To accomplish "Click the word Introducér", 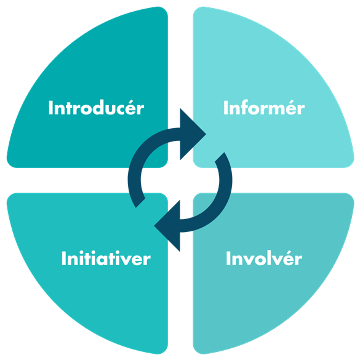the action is (96, 108).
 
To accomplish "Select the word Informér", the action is (264, 108).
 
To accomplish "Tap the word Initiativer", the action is (106, 258).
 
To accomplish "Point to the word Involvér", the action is (264, 258).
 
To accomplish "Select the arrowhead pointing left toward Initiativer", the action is (167, 226).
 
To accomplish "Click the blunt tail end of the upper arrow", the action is (140, 203).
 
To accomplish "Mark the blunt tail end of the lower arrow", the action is (220, 157).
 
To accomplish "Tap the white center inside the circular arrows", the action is (180, 180).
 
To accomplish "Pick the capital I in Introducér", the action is (50, 108).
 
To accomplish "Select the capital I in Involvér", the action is (228, 258).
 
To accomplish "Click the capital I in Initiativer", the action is (63, 258).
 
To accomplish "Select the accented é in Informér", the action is (293, 108).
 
